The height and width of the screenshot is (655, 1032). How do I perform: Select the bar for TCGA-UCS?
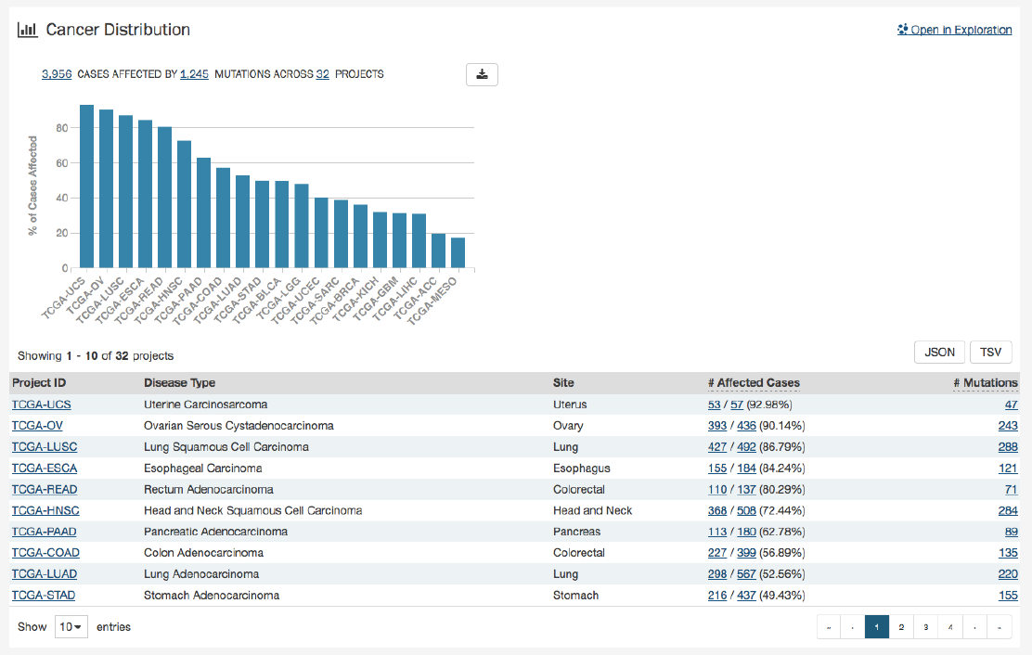pos(87,186)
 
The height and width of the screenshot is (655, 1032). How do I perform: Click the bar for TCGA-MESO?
pos(458,252)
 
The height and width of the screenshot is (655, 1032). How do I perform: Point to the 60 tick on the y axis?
pos(63,163)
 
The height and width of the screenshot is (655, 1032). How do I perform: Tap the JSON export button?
pos(939,353)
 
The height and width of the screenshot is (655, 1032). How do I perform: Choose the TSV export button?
pos(990,353)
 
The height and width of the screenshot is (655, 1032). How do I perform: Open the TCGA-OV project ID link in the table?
pos(32,426)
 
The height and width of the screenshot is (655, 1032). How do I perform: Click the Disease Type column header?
pos(179,383)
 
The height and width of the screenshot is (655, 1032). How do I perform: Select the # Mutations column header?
pos(986,383)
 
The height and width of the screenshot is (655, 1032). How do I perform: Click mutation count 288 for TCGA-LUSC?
pos(1008,447)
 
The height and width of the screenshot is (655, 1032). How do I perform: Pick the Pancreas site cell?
pos(575,532)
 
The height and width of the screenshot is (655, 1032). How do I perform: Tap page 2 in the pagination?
pos(900,627)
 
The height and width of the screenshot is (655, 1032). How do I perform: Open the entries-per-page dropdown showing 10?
pos(71,627)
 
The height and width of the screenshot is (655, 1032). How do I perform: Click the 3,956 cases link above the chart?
pos(57,74)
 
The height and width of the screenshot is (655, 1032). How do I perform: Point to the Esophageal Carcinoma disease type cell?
pos(202,469)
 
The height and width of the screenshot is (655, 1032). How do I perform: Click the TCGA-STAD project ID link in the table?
pos(43,596)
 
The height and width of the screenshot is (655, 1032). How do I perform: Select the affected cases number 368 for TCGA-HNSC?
pos(717,511)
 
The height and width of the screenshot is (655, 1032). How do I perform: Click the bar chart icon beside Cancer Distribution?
pos(28,30)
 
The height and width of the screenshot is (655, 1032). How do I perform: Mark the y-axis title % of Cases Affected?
pos(33,186)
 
